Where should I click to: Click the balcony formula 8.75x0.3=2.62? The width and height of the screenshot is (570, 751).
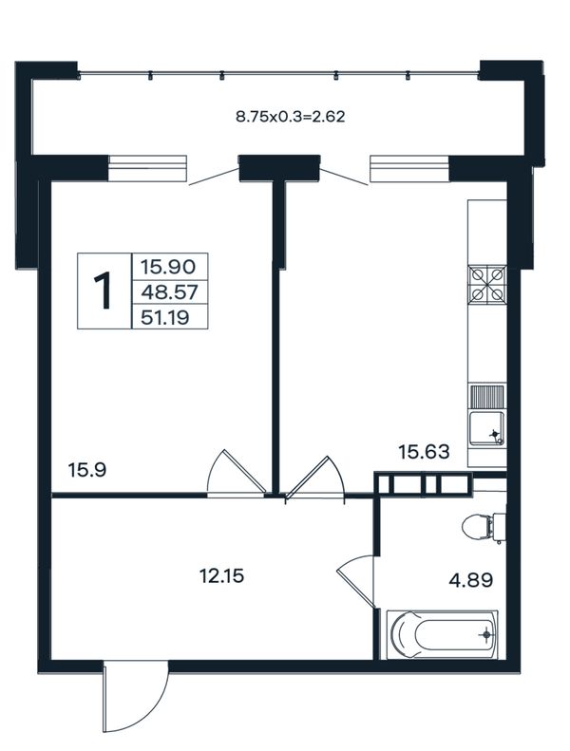(x=291, y=117)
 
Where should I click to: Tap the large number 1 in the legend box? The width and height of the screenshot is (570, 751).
(x=102, y=291)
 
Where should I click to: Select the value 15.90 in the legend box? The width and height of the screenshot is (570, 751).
(x=168, y=266)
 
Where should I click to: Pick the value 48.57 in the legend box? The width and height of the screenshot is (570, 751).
(x=169, y=291)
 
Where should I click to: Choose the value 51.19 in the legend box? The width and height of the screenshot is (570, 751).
(x=165, y=317)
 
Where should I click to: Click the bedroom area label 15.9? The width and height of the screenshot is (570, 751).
(x=86, y=470)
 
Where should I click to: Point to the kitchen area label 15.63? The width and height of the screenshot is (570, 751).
(x=425, y=451)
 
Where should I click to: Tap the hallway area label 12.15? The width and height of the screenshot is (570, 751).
(x=221, y=575)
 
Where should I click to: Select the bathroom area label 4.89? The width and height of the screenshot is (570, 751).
(x=471, y=580)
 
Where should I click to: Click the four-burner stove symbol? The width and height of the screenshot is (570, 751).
(x=487, y=284)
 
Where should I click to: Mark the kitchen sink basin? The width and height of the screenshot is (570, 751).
(x=487, y=428)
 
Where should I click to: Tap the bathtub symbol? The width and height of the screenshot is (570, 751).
(x=442, y=634)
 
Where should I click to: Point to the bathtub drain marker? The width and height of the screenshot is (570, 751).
(x=487, y=635)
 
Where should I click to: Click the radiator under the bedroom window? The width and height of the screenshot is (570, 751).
(x=147, y=168)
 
